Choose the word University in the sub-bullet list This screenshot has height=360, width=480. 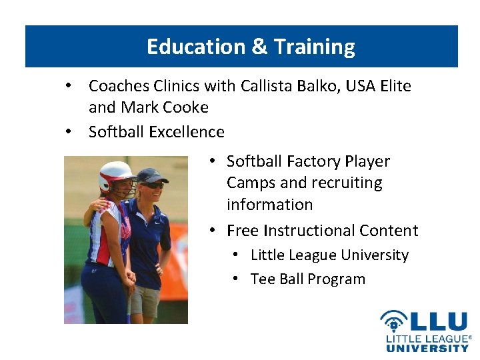[375, 255]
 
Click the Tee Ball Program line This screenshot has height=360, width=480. [307, 279]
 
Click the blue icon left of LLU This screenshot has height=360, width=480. [394, 321]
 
